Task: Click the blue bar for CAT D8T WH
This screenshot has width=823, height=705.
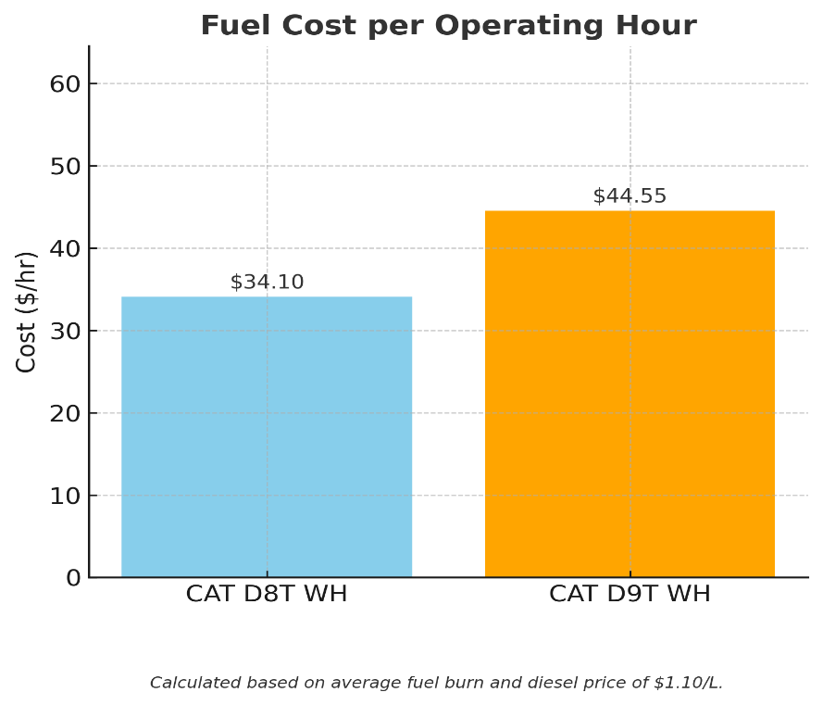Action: (267, 436)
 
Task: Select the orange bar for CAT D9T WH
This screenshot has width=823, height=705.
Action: (630, 394)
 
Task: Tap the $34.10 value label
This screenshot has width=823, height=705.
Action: (267, 283)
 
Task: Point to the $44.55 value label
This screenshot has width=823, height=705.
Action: (630, 196)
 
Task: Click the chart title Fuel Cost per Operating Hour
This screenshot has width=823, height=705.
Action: (448, 26)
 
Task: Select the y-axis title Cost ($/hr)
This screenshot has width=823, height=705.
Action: (27, 311)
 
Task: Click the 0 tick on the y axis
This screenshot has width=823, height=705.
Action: (72, 578)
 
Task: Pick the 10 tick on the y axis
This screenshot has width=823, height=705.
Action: (65, 496)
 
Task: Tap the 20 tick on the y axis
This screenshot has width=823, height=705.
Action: (65, 413)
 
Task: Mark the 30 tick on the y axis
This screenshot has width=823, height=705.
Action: (65, 331)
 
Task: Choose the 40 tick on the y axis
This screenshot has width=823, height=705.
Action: (65, 248)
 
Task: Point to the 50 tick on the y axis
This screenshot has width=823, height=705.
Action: (65, 166)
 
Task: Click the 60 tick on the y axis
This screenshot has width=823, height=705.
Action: (65, 83)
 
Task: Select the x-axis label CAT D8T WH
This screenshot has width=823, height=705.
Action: (267, 595)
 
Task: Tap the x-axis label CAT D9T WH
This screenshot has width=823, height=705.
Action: (630, 595)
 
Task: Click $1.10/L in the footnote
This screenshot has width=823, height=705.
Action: (687, 684)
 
